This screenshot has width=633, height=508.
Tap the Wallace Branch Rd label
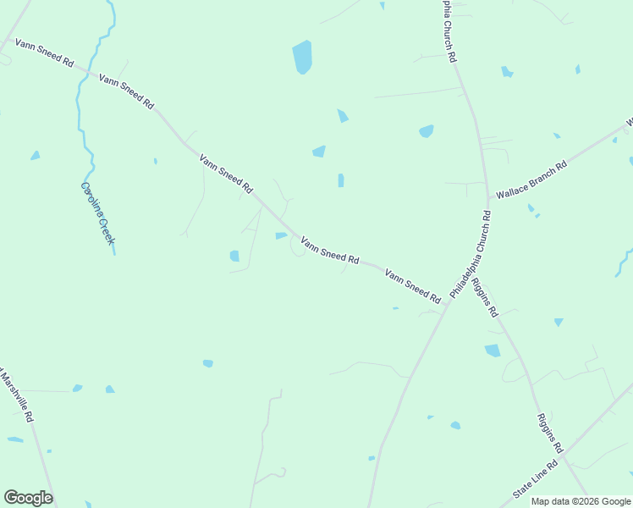(531, 179)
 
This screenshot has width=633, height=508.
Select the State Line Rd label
(536, 480)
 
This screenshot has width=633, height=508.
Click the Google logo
(28, 498)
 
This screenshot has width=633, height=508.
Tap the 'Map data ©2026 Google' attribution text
(581, 501)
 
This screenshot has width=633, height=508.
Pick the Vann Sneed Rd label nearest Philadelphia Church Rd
(413, 287)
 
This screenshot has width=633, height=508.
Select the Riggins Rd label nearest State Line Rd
(549, 432)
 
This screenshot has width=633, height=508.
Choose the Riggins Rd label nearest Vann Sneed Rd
(486, 296)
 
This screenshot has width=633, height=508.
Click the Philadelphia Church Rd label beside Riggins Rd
(470, 255)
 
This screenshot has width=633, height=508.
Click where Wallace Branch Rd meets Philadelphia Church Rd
(488, 200)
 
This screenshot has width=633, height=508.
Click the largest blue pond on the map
(302, 57)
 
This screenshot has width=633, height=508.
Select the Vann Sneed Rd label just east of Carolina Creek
(126, 91)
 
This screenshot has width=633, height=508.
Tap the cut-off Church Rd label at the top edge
(449, 30)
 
